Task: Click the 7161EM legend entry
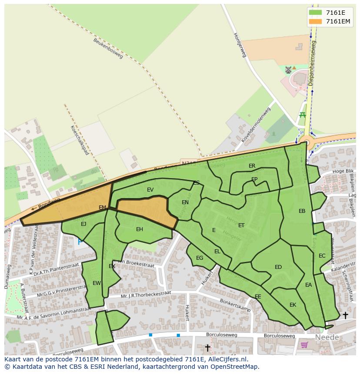(330, 21)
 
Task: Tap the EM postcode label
(102, 208)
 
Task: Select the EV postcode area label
(150, 190)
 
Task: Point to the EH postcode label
(140, 229)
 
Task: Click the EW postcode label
(97, 283)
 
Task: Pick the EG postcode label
(200, 258)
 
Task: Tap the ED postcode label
(278, 267)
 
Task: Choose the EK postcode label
(293, 305)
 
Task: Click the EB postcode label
(302, 211)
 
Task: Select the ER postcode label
(252, 166)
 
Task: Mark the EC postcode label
(322, 256)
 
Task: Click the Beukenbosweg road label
(108, 48)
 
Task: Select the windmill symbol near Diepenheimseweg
(288, 70)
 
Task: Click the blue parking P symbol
(80, 242)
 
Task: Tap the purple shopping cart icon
(304, 345)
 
